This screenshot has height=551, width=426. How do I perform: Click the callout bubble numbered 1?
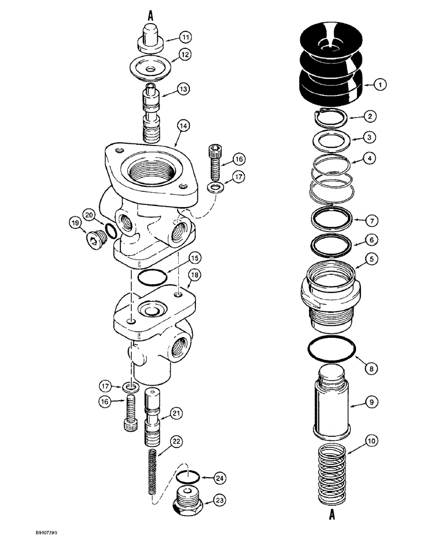380,84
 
